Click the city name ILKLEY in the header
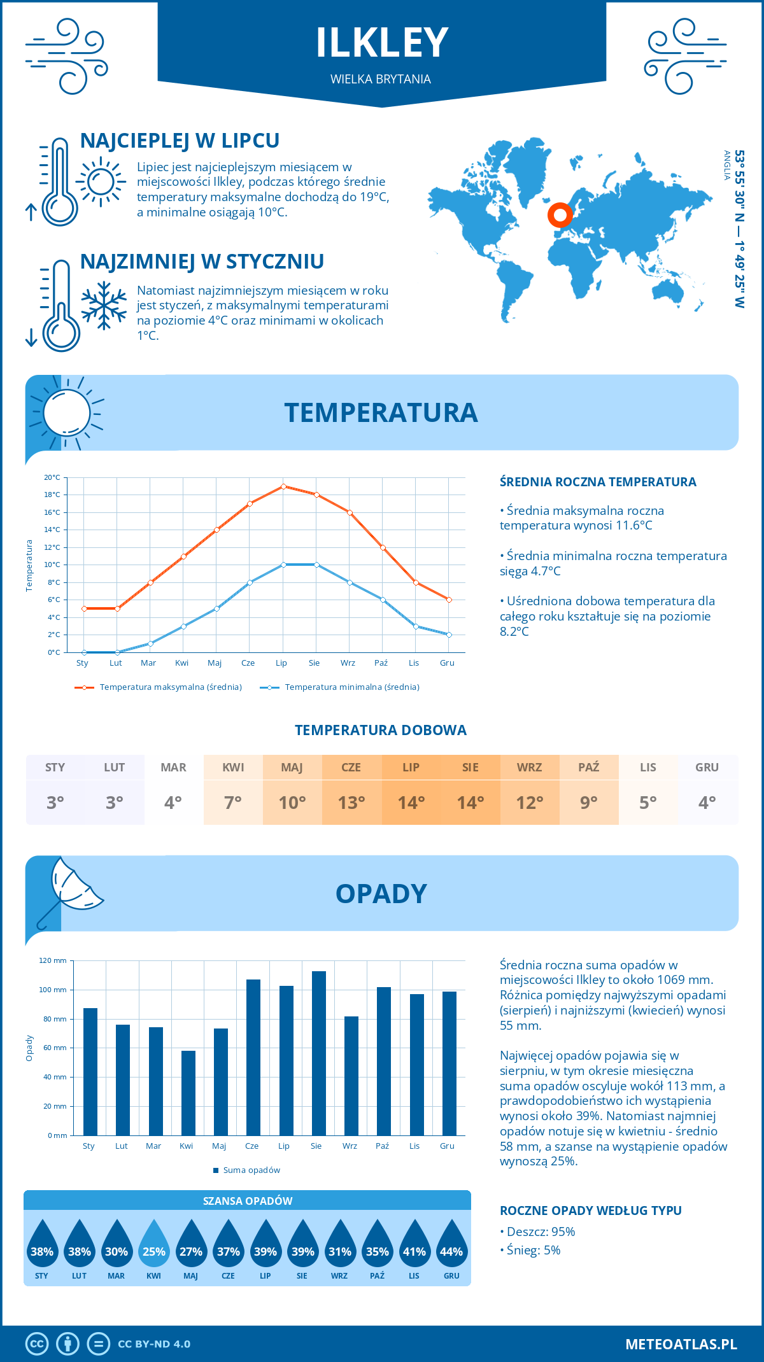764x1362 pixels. click(382, 43)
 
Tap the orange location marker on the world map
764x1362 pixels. click(560, 215)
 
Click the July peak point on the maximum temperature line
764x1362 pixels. click(283, 486)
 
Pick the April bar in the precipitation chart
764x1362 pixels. click(188, 1093)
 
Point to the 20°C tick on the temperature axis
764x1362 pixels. click(52, 477)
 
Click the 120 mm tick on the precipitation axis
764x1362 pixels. click(53, 960)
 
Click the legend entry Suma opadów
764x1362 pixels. click(251, 1170)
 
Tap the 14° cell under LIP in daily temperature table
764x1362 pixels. click(411, 803)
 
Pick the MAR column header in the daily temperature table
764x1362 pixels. click(174, 767)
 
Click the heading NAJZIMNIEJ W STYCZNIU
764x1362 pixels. click(202, 262)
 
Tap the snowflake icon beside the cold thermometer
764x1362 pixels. click(104, 305)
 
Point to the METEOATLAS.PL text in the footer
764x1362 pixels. click(681, 1344)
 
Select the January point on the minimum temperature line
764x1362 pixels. click(84, 652)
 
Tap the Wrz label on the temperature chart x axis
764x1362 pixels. click(348, 663)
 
